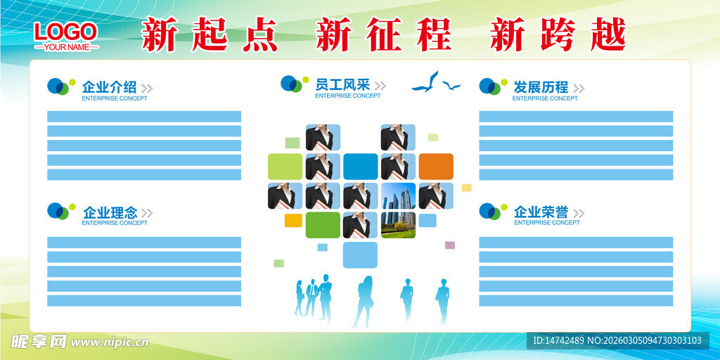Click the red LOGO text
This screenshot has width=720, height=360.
tap(65, 32)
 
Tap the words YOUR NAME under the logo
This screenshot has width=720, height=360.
tap(66, 47)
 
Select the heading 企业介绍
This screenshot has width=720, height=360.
tap(109, 86)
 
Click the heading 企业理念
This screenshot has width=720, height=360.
tap(110, 212)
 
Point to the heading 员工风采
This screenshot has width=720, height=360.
tap(342, 84)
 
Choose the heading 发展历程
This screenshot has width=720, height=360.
tap(541, 86)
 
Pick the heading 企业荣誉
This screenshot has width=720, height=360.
tap(541, 212)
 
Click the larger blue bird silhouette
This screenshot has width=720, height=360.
tap(425, 83)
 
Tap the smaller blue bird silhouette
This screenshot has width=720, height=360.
tap(451, 85)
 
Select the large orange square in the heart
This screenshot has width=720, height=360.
tap(436, 166)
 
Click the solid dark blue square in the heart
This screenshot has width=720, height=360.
tap(361, 166)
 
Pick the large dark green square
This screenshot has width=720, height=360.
tap(323, 225)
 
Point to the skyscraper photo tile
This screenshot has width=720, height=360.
tap(398, 195)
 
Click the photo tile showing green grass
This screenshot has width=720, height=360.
tap(398, 225)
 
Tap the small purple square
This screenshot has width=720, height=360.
tap(450, 245)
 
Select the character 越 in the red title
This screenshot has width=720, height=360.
tap(608, 35)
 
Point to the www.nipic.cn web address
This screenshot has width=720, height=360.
tap(110, 342)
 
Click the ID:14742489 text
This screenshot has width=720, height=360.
tap(558, 341)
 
